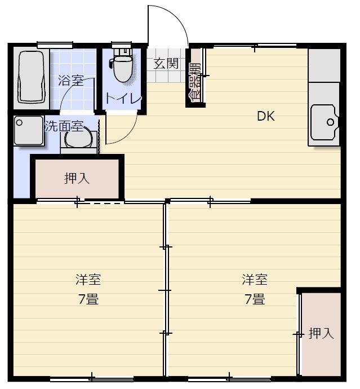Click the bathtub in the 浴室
pyautogui.click(x=32, y=77)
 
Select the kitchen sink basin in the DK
pyautogui.click(x=325, y=122)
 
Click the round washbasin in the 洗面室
pyautogui.click(x=78, y=137)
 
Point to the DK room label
pyautogui.click(x=266, y=116)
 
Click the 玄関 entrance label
pyautogui.click(x=166, y=64)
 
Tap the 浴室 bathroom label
pyautogui.click(x=71, y=81)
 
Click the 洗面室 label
pyautogui.click(x=64, y=126)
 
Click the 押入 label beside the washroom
pyautogui.click(x=77, y=178)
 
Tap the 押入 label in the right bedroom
pyautogui.click(x=321, y=333)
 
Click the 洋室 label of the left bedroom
pyautogui.click(x=88, y=280)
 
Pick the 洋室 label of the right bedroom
pyautogui.click(x=255, y=280)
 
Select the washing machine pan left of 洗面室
pyautogui.click(x=29, y=130)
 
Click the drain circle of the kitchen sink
pyautogui.click(x=330, y=122)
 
